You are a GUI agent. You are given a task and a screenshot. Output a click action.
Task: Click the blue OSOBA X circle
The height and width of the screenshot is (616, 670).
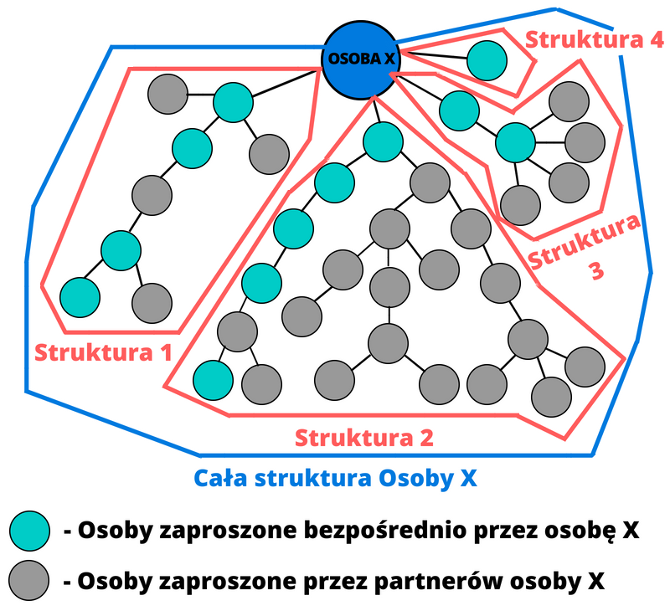coord(361,59)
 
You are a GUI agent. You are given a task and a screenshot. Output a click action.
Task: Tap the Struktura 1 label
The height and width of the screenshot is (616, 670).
coord(103,351)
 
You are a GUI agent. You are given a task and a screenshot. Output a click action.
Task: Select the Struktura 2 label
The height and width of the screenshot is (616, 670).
coord(364,437)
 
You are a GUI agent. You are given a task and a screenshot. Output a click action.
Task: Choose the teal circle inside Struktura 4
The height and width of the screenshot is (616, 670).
coord(487,59)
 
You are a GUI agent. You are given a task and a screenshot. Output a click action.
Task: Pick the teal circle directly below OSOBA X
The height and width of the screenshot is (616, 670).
coord(383,141)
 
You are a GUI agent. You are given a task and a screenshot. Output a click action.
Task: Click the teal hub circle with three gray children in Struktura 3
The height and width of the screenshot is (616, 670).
coord(514,142)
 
